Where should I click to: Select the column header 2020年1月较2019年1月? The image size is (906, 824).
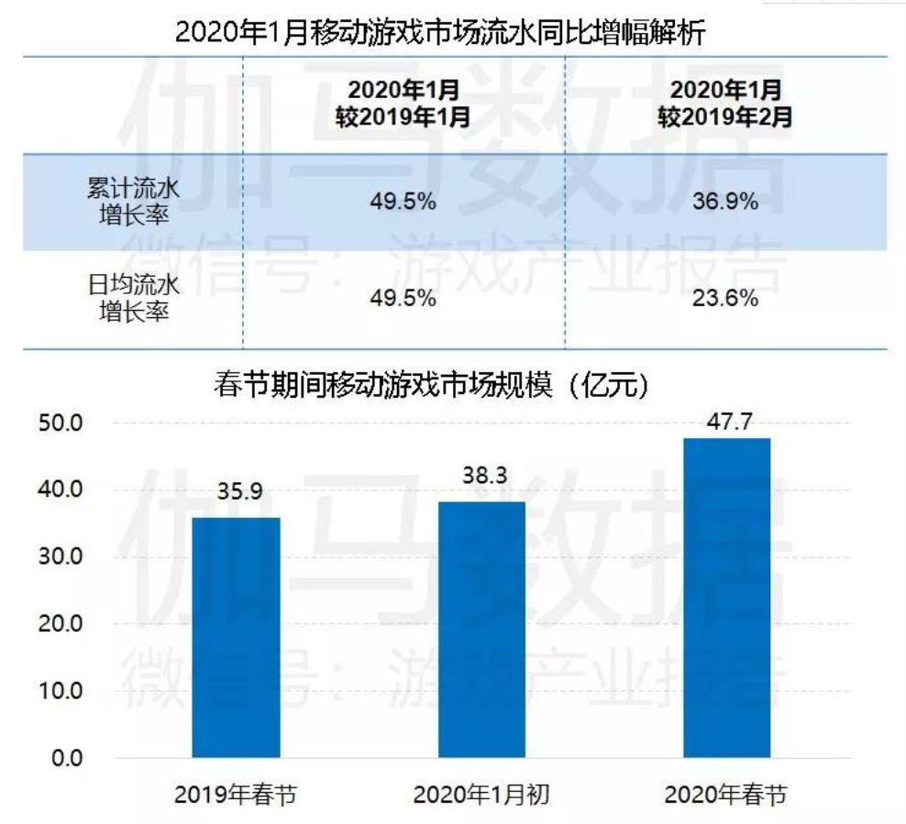point(403,104)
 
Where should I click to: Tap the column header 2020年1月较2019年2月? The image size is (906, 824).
point(724,104)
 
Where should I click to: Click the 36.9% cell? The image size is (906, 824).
point(724,202)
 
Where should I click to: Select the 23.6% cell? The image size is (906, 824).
point(724,298)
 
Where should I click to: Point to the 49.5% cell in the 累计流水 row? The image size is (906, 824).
point(403,202)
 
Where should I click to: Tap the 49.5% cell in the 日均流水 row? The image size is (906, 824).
point(403,298)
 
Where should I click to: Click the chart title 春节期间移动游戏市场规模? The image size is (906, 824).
point(431,385)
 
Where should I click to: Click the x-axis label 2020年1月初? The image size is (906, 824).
point(481,794)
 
